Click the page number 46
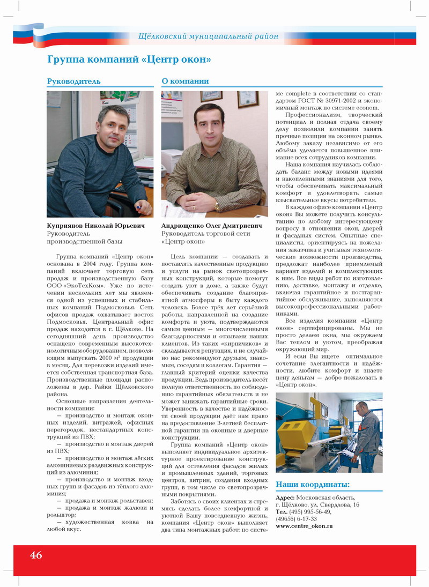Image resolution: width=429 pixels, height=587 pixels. [36, 555]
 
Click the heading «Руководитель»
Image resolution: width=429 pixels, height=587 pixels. [73, 81]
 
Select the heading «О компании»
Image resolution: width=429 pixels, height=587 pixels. [185, 81]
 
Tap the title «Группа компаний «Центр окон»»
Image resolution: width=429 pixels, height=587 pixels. [129, 59]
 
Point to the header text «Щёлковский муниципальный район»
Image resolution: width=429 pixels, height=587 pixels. [208, 36]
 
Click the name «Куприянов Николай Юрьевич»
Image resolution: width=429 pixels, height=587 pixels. [95, 226]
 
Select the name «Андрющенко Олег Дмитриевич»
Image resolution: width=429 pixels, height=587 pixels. [212, 226]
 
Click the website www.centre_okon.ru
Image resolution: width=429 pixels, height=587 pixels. [304, 526]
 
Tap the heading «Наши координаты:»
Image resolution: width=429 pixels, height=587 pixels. [312, 485]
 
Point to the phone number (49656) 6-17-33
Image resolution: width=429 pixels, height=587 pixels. [296, 519]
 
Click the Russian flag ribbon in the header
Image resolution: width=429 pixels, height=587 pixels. [32, 35]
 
